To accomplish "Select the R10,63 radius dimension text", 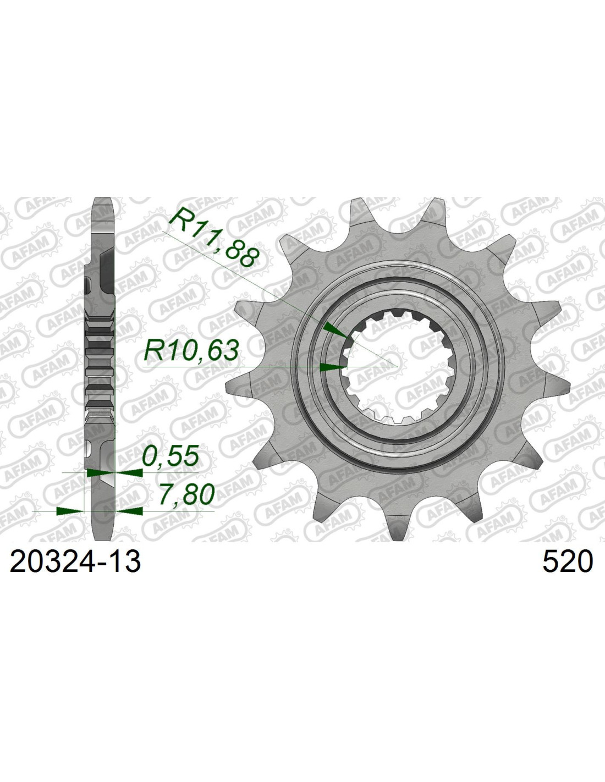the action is (x=191, y=351).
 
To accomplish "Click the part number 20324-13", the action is (x=75, y=562).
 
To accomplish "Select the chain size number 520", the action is (x=567, y=562).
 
